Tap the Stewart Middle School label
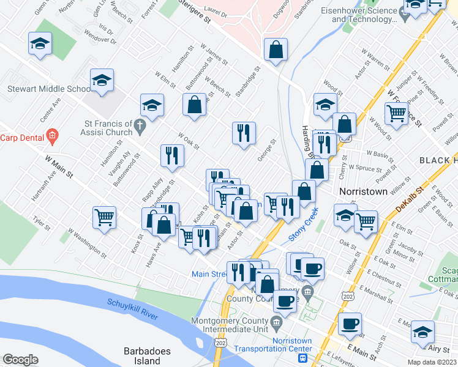point(49,89)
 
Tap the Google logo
point(20,360)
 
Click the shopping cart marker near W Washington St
point(105,217)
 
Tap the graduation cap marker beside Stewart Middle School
point(102,80)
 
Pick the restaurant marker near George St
point(244,133)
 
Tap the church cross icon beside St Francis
point(140,127)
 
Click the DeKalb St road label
point(410,200)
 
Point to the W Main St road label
point(59,166)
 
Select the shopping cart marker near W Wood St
point(397,113)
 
